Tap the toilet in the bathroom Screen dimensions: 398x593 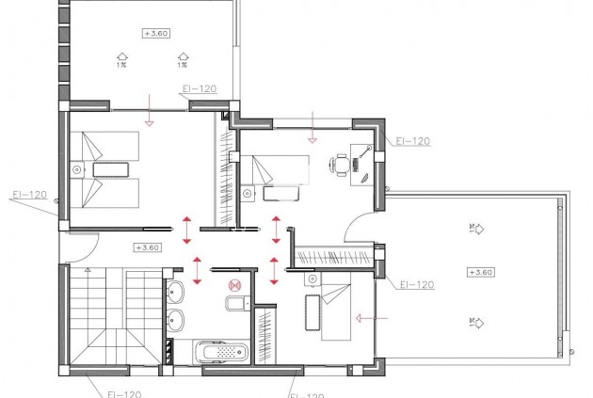[234, 302]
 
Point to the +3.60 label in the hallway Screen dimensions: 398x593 [147, 247]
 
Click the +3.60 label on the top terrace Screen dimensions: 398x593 [155, 33]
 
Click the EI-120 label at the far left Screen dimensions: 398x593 [28, 196]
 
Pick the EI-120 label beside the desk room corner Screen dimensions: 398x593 [412, 140]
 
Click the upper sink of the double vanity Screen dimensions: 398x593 [176, 290]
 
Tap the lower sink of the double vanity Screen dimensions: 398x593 [176, 318]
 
